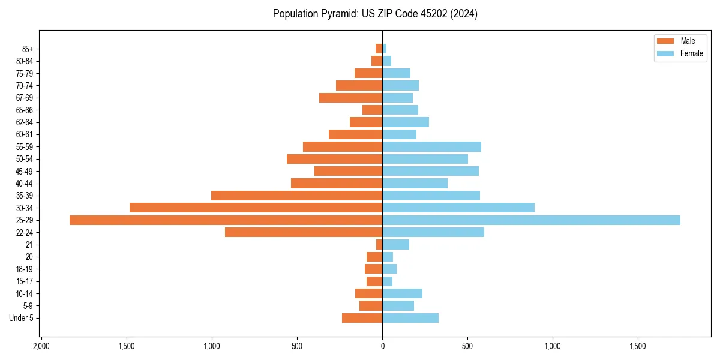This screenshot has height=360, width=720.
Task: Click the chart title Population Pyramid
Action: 375,14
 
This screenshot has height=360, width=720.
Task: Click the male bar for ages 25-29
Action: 226,220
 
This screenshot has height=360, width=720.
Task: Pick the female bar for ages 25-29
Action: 531,220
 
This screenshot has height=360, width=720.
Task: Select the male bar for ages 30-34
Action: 256,208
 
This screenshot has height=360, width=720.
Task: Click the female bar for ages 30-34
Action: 458,208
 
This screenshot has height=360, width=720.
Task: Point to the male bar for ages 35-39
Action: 296,196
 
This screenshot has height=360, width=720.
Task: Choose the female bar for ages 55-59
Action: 431,146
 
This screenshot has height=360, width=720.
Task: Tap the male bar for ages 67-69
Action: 350,98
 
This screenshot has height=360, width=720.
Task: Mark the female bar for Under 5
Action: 410,318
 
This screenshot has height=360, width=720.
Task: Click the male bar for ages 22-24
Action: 304,232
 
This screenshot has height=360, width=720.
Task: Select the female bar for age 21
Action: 395,244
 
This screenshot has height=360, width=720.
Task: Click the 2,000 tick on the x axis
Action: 41,346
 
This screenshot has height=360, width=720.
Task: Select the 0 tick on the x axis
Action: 382,346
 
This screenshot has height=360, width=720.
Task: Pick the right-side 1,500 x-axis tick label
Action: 637,346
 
